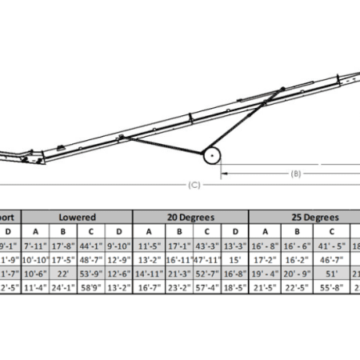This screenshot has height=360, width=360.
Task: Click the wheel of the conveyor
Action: tap(213, 156)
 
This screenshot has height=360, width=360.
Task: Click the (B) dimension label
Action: tap(294, 172)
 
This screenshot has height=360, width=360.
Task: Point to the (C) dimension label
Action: tap(193, 185)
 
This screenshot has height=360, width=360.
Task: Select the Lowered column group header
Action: tap(78, 217)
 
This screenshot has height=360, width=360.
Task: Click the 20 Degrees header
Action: tap(190, 217)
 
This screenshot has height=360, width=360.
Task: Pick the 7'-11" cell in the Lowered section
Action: tap(36, 246)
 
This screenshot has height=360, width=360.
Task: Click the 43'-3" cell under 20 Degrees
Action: tap(206, 246)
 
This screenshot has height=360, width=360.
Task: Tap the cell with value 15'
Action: tap(234, 260)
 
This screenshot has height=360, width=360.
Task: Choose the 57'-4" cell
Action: tap(206, 289)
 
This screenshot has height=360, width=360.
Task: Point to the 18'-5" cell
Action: tap(234, 289)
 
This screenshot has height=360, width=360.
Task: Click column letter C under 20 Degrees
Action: tap(206, 231)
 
